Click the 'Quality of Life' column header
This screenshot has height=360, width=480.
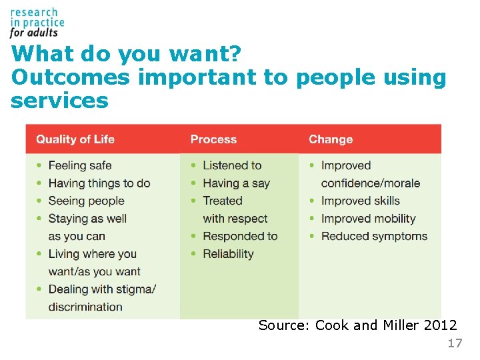point(75,139)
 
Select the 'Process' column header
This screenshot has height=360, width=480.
point(213,139)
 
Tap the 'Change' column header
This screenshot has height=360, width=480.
point(331,139)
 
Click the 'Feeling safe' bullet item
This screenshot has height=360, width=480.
point(80,165)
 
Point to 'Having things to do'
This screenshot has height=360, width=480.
point(99,183)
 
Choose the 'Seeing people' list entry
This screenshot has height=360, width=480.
point(87,201)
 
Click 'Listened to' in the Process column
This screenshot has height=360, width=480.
point(232,165)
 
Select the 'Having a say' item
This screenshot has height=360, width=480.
point(236,183)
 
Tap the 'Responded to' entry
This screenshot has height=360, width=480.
point(240,236)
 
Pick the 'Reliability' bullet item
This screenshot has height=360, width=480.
point(228,254)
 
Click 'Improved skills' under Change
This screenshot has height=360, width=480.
point(360,201)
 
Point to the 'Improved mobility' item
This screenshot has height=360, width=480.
point(368,219)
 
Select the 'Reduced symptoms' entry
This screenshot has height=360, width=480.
point(374,236)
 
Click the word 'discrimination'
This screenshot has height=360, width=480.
point(85,307)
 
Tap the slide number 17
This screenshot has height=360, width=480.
point(454,343)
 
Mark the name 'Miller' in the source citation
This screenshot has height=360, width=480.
point(401,325)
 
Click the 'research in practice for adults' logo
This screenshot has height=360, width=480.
point(37,22)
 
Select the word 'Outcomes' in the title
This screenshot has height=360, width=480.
point(71,77)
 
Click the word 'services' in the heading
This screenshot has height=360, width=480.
point(59,101)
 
